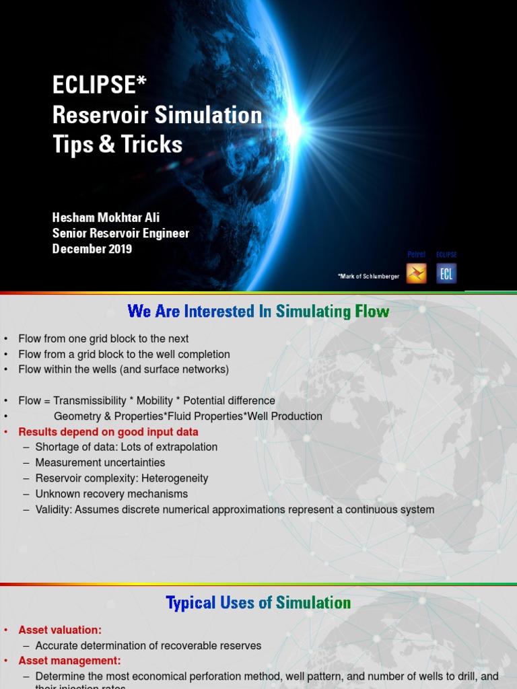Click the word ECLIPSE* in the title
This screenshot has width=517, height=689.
(100, 85)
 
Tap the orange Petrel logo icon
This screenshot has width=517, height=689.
(416, 273)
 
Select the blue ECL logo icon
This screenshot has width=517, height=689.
(446, 273)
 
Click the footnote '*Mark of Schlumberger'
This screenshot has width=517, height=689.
(368, 277)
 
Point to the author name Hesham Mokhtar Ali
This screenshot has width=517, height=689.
(106, 218)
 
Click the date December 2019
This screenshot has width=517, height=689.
(92, 249)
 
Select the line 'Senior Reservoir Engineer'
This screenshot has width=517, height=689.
(121, 233)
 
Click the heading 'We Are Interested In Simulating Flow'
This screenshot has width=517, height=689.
(258, 312)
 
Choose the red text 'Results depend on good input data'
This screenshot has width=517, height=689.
(108, 432)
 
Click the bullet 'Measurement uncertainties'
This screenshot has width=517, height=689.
(100, 463)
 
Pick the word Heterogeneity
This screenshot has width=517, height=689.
(174, 478)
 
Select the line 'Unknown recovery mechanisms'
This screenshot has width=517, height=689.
(112, 494)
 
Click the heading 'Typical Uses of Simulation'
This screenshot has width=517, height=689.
(258, 603)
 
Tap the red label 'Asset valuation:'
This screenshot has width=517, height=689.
(60, 630)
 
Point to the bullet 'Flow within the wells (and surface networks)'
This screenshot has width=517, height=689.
(124, 369)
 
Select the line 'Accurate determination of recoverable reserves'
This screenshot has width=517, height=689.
(148, 646)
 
